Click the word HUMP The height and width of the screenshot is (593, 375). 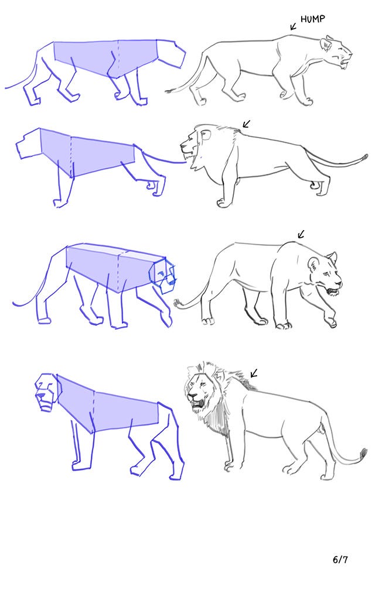[312, 19]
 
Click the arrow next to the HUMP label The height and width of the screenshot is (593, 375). [294, 26]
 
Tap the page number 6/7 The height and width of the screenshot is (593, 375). [340, 560]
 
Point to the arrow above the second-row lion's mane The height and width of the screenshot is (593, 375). [246, 124]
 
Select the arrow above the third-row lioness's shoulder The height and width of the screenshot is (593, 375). [301, 235]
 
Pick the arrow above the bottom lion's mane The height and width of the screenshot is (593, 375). [254, 373]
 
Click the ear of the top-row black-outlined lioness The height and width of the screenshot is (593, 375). [325, 44]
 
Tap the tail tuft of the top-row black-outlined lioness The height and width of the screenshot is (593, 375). [171, 91]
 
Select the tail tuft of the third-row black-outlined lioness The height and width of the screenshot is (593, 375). [178, 303]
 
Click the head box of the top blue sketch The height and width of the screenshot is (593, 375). [172, 54]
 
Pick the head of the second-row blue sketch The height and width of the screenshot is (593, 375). [28, 143]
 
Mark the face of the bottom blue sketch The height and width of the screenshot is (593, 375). [47, 392]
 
